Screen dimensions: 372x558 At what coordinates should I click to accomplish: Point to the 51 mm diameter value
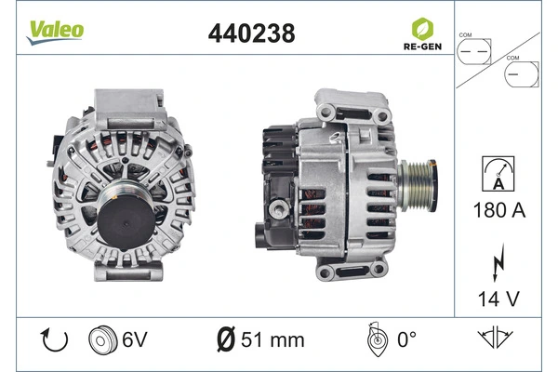[271, 339]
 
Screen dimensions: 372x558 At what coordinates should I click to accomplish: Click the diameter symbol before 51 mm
[224, 339]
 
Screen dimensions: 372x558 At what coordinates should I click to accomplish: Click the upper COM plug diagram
[474, 48]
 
